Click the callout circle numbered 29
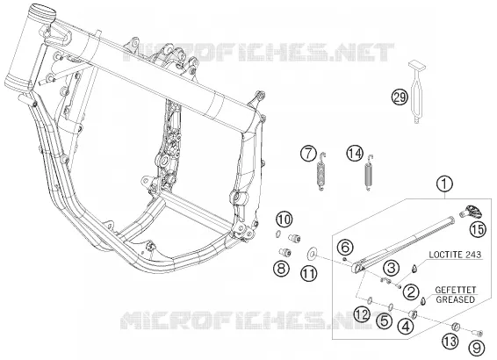click(400, 97)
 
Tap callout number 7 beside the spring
click(309, 154)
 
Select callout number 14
click(355, 154)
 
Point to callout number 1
click(444, 184)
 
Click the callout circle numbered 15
click(478, 229)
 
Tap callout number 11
click(309, 273)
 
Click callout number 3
click(391, 268)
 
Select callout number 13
click(450, 341)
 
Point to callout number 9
click(477, 348)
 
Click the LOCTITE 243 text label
click(455, 255)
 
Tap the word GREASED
click(456, 299)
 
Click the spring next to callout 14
click(369, 173)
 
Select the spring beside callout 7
click(321, 171)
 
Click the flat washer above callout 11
click(313, 253)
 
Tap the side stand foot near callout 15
click(472, 212)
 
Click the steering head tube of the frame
click(30, 47)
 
